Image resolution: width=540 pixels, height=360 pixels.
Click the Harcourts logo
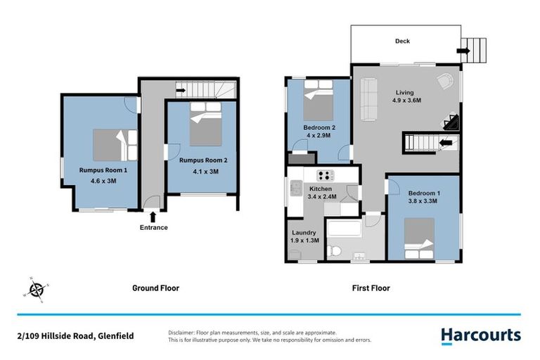[x=481, y=335]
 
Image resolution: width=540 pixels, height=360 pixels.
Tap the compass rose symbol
[x=37, y=289]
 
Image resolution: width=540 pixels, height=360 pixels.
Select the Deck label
[x=402, y=41]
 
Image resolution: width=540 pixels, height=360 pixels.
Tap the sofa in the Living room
[x=368, y=91]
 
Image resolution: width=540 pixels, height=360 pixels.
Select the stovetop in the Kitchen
[x=326, y=175]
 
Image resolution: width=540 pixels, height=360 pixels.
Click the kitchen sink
[x=295, y=188]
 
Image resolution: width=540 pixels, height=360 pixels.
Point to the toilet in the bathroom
[x=336, y=250]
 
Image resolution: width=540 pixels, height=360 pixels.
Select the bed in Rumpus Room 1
[x=113, y=145]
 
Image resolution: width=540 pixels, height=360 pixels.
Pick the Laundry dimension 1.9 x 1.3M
[x=304, y=240]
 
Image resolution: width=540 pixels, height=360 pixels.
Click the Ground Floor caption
[x=155, y=288]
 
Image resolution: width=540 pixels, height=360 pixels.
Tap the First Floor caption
[x=371, y=288]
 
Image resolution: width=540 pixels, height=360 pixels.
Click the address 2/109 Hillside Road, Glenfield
[x=75, y=336]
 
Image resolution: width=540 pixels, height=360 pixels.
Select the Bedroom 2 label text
[x=319, y=127]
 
